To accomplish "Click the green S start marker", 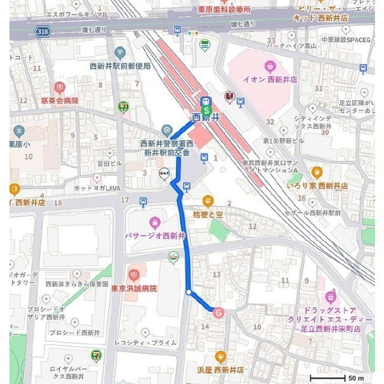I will point(206,110).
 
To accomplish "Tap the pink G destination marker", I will point(218,313).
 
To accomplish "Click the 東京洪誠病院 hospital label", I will point(133,289).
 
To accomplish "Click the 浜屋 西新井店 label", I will point(220,370).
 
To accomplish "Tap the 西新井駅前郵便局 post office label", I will point(120,66).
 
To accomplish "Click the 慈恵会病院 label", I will point(59,101).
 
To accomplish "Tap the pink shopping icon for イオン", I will point(270,65).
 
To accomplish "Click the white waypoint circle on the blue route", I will point(189,292).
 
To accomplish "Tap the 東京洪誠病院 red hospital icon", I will point(133,275).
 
